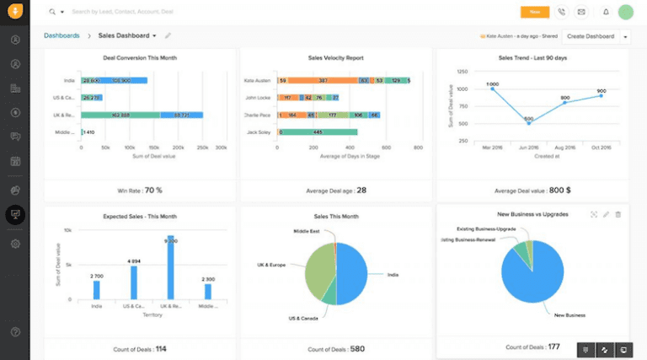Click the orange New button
pyautogui.click(x=534, y=12)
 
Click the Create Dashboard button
pyautogui.click(x=591, y=36)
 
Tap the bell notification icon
pyautogui.click(x=605, y=12)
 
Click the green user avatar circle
pyautogui.click(x=625, y=12)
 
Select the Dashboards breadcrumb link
pyautogui.click(x=61, y=36)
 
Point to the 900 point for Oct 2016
pyautogui.click(x=601, y=95)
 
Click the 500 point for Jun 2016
pyautogui.click(x=528, y=123)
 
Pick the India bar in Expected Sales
pyautogui.click(x=97, y=290)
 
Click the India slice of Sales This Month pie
pyautogui.click(x=353, y=274)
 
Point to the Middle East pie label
pyautogui.click(x=307, y=231)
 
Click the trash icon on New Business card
pyautogui.click(x=618, y=214)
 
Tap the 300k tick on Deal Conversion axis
pyautogui.click(x=221, y=148)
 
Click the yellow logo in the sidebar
pyautogui.click(x=14, y=12)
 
